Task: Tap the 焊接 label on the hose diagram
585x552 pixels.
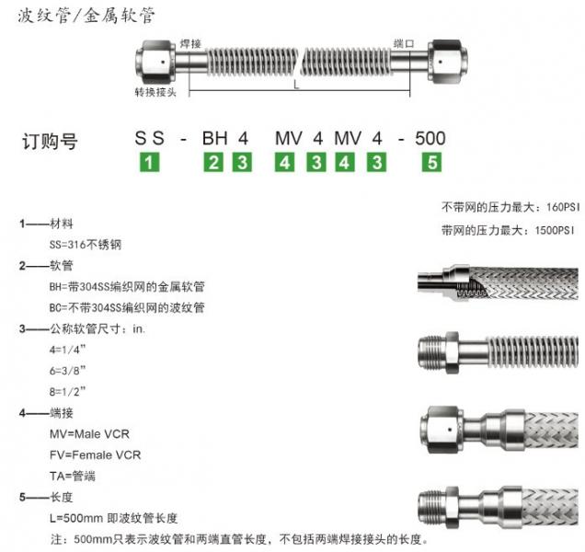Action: coord(190,42)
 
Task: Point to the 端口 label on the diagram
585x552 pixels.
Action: coord(403,43)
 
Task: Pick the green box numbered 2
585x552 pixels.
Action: coord(213,164)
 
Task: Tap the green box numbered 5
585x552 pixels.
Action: coord(430,164)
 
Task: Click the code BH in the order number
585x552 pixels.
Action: coord(214,139)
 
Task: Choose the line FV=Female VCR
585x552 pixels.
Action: coord(96,454)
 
